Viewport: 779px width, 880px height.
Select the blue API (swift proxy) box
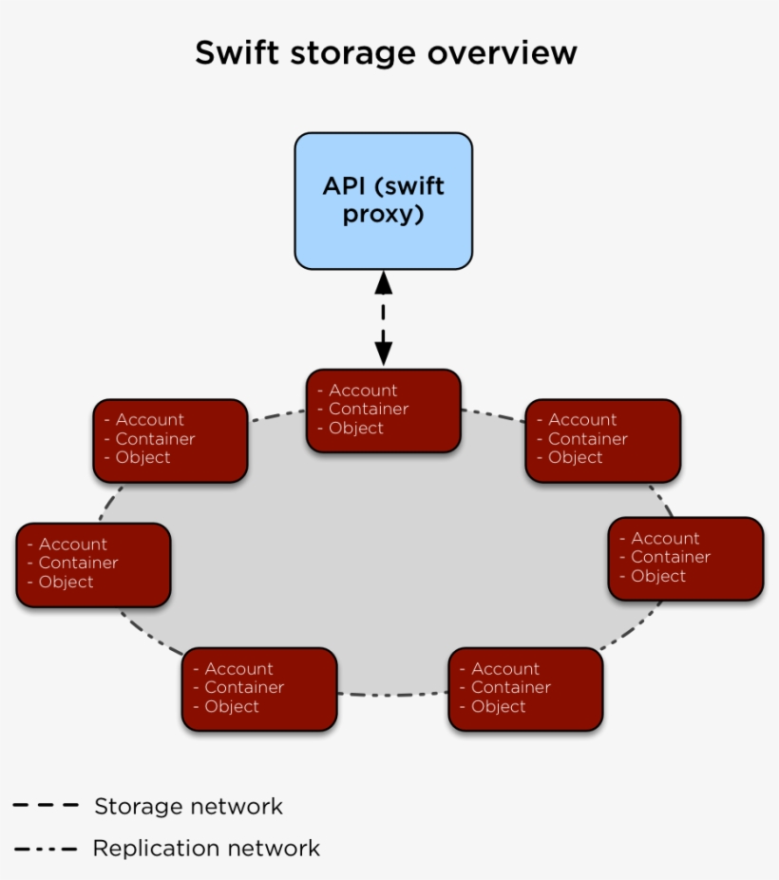click(383, 201)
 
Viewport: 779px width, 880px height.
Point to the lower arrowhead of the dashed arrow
click(383, 354)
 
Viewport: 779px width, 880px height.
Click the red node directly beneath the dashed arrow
click(383, 411)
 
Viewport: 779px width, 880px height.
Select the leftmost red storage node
click(93, 564)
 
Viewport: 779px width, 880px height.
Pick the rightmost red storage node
click(685, 559)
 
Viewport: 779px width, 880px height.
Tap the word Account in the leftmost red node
click(72, 545)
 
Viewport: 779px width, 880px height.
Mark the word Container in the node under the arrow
click(369, 410)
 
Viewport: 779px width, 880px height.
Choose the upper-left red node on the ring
click(170, 440)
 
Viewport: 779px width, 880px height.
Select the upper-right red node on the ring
click(602, 440)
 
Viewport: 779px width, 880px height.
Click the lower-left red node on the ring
click(259, 689)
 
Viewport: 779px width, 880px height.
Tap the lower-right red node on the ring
click(525, 689)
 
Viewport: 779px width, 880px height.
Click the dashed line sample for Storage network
click(46, 806)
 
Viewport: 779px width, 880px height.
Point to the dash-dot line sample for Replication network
click(46, 848)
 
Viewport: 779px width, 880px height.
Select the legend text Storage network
click(188, 807)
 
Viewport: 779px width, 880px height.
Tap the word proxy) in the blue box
click(383, 215)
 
